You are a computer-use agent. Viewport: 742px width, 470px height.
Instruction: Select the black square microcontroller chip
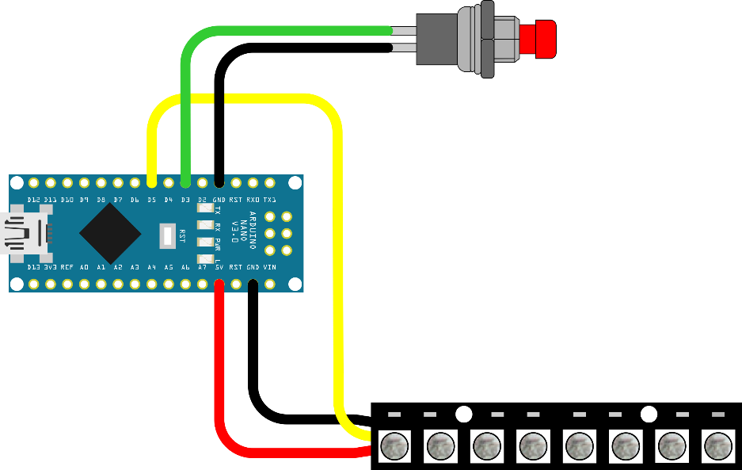pos(110,233)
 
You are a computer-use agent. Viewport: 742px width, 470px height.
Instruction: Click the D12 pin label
pos(33,200)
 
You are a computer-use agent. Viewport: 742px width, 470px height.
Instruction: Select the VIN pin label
pos(270,268)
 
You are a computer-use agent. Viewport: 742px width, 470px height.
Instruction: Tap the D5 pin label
pos(151,200)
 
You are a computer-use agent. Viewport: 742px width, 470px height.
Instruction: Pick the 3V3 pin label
pos(50,268)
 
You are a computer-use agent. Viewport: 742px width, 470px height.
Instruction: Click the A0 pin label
pos(84,268)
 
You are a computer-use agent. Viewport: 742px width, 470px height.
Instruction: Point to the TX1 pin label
pos(270,200)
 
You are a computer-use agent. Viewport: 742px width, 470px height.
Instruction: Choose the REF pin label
pos(67,268)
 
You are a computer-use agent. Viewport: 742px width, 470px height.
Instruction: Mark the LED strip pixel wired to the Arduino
pos(394,446)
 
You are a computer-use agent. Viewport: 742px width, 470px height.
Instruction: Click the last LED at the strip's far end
pos(718,446)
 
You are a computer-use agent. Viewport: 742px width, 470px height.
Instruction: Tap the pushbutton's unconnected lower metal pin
pos(404,48)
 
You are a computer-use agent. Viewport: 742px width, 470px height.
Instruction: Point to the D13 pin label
pos(33,268)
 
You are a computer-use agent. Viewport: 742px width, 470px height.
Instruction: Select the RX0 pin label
pos(253,200)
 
